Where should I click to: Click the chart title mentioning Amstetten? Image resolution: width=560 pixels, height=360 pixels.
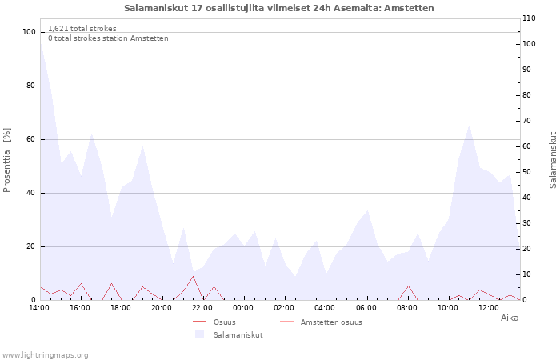coord(279,8)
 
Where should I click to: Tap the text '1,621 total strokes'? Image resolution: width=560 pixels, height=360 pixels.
coord(82,29)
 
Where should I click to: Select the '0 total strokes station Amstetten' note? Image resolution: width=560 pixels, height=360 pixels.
coord(108,38)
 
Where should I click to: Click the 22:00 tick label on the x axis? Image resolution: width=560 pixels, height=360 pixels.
coord(202,308)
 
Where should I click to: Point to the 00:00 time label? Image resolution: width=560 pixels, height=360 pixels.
coord(243,308)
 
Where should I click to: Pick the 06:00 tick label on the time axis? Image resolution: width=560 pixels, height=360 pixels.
coord(366,308)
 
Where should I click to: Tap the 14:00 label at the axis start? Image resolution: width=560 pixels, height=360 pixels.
coord(39,308)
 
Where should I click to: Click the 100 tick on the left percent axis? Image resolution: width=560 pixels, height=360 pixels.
coord(29,32)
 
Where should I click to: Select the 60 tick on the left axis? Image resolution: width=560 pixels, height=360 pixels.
coord(30,139)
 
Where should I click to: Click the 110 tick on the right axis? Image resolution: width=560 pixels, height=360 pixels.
coord(529,18)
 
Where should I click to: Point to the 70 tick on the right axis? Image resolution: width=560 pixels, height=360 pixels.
coord(526,121)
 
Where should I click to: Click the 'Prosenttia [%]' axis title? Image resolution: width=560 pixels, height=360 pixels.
coord(6,160)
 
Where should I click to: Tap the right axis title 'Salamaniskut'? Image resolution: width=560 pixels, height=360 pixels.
coord(553,160)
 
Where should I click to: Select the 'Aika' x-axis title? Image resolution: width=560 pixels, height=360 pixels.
coord(510,318)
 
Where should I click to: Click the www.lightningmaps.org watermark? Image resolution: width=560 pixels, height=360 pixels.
coord(45,355)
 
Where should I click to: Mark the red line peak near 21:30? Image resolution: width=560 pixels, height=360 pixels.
coord(194,276)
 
